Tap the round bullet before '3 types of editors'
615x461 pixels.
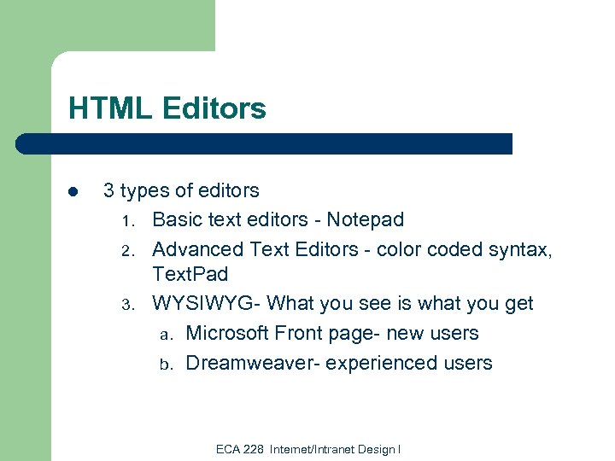(73, 191)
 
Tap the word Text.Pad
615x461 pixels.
(190, 275)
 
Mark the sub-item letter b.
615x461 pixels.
(166, 364)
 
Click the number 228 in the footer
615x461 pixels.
(254, 449)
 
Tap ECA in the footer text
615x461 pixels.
(227, 449)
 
